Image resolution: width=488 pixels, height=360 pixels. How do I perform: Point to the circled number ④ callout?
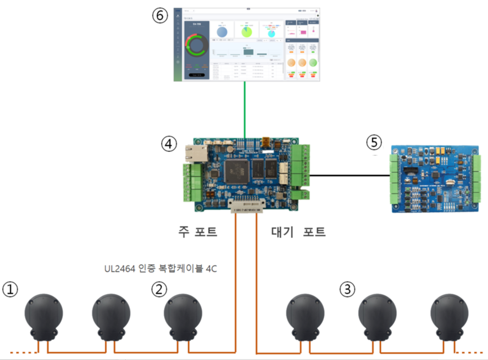pos(169,142)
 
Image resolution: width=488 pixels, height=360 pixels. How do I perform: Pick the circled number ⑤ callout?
pos(374,142)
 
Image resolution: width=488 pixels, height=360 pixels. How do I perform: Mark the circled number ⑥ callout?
pos(159,16)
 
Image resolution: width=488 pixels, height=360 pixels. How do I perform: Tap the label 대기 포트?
pos(298,231)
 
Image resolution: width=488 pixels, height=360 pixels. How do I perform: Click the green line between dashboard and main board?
pos(245,109)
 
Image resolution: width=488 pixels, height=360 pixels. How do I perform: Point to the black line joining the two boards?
pos(349,175)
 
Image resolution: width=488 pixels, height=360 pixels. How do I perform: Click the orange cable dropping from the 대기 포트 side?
pos(257,283)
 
